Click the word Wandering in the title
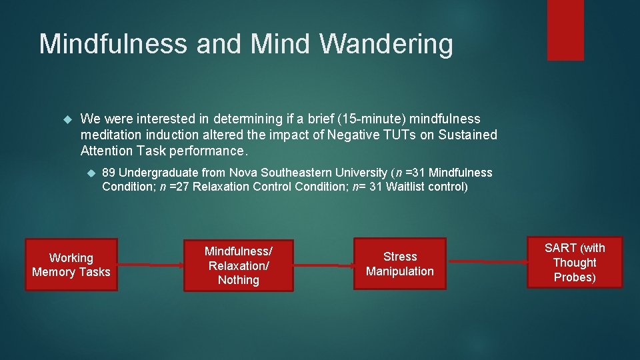tap(387, 44)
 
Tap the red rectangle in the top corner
tap(565, 30)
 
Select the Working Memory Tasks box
tap(71, 265)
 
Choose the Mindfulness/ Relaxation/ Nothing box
tap(238, 265)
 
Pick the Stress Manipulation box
tap(399, 264)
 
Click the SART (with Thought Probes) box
tap(575, 262)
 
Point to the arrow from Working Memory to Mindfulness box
tap(151, 265)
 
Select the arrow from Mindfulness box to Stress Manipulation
tap(323, 265)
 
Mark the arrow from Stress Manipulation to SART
tap(487, 262)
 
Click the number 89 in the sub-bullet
tap(109, 173)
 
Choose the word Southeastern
tap(297, 173)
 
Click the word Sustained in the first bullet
tap(463, 135)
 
